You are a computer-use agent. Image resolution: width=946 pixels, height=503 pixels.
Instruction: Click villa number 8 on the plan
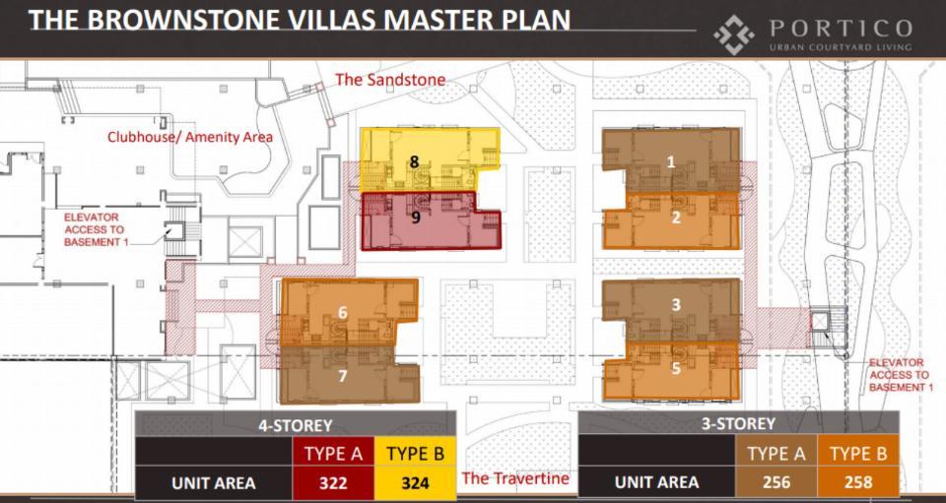coord(430,159)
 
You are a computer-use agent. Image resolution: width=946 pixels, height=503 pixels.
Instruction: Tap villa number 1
coord(671,160)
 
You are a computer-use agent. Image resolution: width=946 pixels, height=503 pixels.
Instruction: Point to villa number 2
coord(671,220)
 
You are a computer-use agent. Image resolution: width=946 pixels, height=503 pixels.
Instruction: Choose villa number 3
coord(671,309)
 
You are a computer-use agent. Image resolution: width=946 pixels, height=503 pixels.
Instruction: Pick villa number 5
coord(671,370)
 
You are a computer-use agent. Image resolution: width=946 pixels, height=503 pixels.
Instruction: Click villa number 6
coord(349,311)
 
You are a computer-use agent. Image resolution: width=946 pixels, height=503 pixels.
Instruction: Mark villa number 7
coord(349,375)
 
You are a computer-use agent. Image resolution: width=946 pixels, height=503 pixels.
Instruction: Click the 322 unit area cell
coord(334,482)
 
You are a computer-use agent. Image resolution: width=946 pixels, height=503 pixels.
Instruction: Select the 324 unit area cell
coord(416,482)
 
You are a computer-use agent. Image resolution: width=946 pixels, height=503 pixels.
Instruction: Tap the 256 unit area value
coord(776,481)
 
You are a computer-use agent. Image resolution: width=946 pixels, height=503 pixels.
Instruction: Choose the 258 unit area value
coord(858,481)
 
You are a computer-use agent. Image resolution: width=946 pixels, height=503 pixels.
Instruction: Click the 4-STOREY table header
coord(295,424)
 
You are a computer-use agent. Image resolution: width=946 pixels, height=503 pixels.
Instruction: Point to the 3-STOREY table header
coord(738,424)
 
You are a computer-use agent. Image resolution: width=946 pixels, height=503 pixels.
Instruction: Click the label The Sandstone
coord(390,80)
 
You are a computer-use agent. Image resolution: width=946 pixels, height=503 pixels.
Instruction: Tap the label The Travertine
coord(515,478)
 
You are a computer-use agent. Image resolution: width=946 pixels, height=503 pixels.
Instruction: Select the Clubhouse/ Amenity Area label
coord(190,137)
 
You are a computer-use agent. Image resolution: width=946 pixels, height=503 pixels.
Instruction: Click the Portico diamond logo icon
coord(733,34)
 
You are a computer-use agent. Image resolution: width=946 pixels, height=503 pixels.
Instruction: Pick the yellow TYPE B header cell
coord(416,453)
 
